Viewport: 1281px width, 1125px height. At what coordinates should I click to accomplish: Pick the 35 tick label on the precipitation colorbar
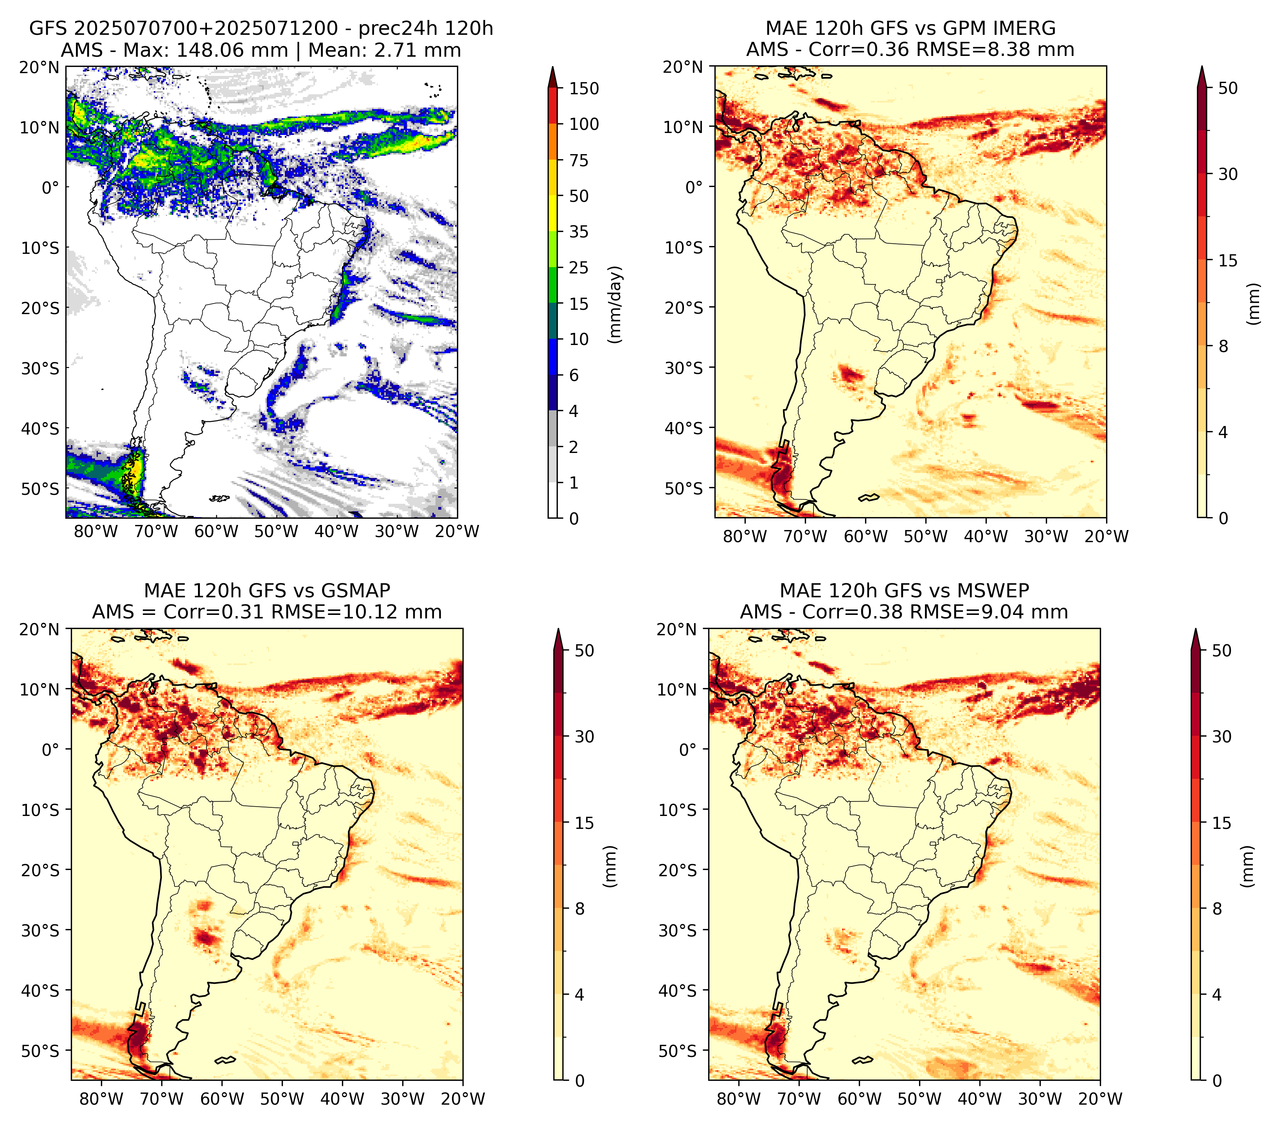pyautogui.click(x=579, y=232)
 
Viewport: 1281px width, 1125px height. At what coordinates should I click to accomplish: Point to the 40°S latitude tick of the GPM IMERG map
pyautogui.click(x=684, y=428)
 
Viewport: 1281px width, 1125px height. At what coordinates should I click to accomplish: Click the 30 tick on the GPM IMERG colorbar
pyautogui.click(x=1228, y=174)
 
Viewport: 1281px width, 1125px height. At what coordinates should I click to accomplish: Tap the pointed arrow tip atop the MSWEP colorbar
pyautogui.click(x=1196, y=629)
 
